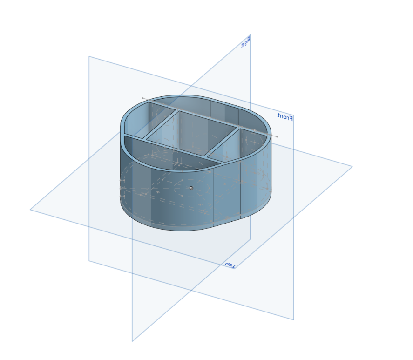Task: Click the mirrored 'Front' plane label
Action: point(285,116)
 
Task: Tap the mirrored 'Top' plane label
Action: point(230,265)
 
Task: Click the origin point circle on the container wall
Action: point(191,188)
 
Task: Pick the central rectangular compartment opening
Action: point(191,133)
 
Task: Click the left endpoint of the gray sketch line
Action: point(143,98)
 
